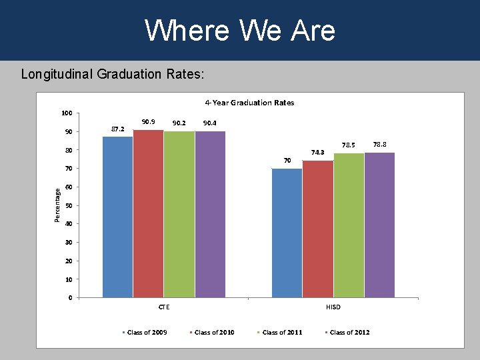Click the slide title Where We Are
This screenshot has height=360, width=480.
240,30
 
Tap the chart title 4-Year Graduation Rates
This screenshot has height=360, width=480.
249,103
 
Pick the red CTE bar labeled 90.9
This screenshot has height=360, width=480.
148,213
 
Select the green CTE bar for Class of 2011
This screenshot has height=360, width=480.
179,214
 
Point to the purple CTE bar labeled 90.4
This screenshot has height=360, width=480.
210,214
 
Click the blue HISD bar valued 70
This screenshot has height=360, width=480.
287,233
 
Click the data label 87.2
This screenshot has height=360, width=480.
117,129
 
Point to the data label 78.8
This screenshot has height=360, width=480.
380,144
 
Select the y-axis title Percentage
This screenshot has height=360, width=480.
58,205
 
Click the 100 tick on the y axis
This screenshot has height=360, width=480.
67,113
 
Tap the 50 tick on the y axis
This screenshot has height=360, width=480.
69,205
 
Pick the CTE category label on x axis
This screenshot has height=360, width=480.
163,307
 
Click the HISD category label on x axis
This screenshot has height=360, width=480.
333,307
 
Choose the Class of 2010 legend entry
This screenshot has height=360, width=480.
214,333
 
